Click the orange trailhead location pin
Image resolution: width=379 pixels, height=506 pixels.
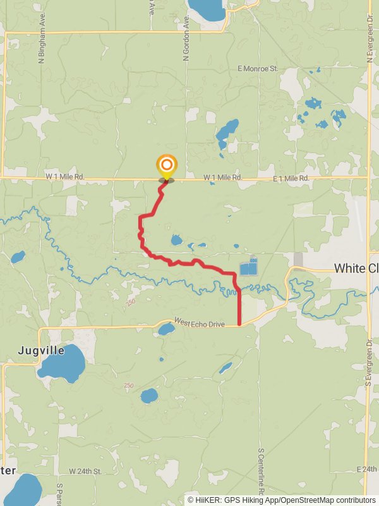coord(166,168)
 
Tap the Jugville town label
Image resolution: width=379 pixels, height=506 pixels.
coord(42,350)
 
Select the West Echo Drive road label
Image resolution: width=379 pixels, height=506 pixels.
coord(200,323)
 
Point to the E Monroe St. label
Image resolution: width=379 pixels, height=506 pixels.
coord(258,68)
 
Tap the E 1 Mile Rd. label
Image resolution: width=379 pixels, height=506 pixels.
coord(291,179)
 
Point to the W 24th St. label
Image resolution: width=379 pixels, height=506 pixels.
coord(85,471)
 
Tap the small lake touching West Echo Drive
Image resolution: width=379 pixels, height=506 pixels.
coord(166,330)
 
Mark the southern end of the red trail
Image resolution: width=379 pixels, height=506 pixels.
coord(239,324)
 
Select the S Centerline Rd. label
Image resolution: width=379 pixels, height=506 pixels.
coord(260,471)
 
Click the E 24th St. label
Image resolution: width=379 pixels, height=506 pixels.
coord(366,469)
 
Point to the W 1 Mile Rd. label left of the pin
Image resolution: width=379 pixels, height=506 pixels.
coord(65,178)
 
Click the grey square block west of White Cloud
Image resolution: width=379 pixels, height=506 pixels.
coord(298,259)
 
